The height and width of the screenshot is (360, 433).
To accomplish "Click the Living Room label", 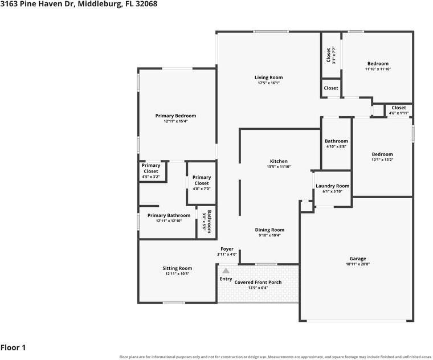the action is point(269,77).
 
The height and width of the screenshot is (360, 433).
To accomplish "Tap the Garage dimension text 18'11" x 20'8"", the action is point(358,264).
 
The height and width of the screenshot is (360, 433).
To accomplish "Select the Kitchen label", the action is point(279,161).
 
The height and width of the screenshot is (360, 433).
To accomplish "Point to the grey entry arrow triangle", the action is point(226,271).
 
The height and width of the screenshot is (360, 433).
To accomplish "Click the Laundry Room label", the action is point(333,186).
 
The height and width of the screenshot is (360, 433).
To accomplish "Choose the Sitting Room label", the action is point(177,268).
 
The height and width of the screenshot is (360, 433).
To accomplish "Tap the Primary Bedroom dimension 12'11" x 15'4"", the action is point(175,121).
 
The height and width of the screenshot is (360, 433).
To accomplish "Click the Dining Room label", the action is point(269,230).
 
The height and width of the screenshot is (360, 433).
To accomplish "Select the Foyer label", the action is point(227,249).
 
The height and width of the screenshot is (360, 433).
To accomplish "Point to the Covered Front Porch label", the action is point(258,283).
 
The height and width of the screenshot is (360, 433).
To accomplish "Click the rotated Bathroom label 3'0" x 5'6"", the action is point(207,222).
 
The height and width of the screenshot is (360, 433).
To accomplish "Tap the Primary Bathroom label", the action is point(169,216).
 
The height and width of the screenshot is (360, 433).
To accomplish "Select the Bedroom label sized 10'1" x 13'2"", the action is point(382,154).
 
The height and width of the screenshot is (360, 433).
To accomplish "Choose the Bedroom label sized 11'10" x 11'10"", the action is point(378,64).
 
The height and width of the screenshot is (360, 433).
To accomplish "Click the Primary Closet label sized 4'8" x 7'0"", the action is point(202,180).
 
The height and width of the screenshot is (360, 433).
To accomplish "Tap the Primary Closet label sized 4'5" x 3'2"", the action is point(151,168).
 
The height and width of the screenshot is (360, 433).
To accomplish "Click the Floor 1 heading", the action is point(13,347).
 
